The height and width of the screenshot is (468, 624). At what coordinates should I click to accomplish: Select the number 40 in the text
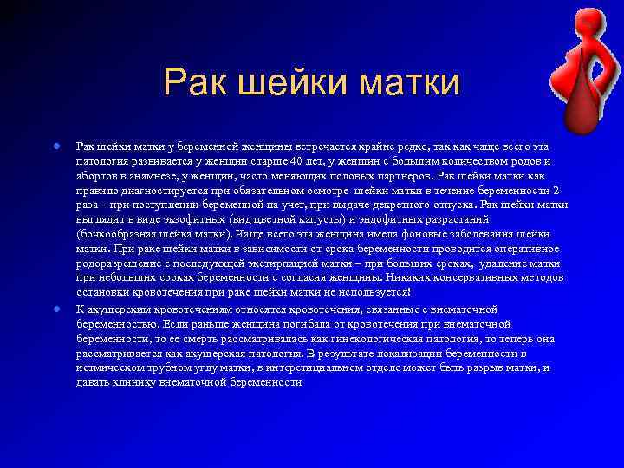(296, 161)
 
